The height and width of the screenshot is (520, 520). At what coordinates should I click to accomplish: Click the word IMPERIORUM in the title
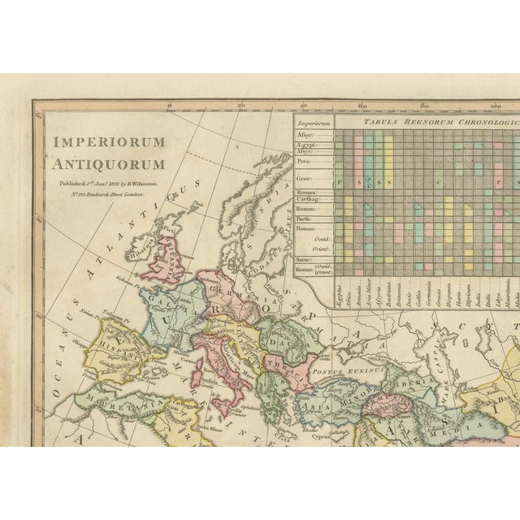(x=110, y=141)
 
